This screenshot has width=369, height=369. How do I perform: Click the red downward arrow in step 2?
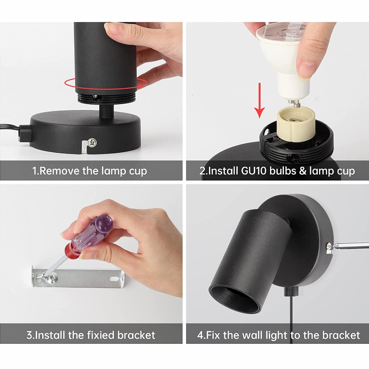pos(259,100)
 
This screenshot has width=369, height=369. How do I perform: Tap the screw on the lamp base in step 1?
pos(92,142)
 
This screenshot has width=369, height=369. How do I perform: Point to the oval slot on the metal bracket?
pos(114,279)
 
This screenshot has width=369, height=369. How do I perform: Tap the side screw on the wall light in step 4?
pos(329,247)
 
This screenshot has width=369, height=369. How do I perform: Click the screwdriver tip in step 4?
pos(333,246)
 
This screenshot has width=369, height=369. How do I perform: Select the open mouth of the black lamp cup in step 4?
pos(235,299)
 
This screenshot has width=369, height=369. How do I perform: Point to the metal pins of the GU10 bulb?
pos(295,103)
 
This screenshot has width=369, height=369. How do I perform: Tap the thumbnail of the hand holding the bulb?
pos(306,70)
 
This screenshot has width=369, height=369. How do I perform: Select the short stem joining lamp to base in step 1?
pos(106,110)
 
